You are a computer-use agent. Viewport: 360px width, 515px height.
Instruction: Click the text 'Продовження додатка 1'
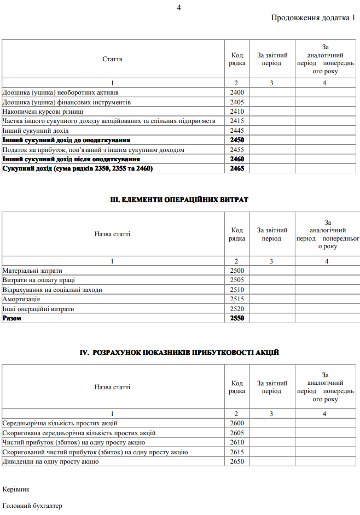click(313, 18)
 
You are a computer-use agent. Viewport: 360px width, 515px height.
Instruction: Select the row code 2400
click(237, 92)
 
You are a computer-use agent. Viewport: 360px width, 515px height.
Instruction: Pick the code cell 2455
click(237, 149)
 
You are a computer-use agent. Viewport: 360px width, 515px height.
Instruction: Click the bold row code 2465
click(237, 168)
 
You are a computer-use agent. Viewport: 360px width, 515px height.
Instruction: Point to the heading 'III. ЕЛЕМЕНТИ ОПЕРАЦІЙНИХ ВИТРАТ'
click(179, 200)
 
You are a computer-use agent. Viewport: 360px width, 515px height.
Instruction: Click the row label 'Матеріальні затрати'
click(32, 271)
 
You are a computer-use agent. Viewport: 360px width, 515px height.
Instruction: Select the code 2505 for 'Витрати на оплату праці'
click(237, 280)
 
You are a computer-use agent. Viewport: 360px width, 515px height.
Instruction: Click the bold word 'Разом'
click(13, 318)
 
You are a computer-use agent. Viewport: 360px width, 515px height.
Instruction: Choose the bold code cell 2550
click(237, 318)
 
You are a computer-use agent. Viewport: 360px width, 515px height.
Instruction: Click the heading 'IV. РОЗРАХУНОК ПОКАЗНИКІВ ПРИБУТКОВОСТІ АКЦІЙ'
click(179, 352)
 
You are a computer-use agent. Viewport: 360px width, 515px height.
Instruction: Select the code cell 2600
click(237, 423)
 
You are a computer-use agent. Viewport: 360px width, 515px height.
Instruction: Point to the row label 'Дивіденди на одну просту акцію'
click(51, 461)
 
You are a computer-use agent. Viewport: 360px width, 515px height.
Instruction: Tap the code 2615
click(237, 452)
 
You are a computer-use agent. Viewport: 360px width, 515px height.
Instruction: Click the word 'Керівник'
click(16, 488)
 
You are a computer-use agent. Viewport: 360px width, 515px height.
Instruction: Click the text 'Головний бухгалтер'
click(32, 506)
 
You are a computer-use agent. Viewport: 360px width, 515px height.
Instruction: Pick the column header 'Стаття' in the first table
click(112, 59)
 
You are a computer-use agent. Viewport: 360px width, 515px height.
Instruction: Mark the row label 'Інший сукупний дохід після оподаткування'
click(71, 159)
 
